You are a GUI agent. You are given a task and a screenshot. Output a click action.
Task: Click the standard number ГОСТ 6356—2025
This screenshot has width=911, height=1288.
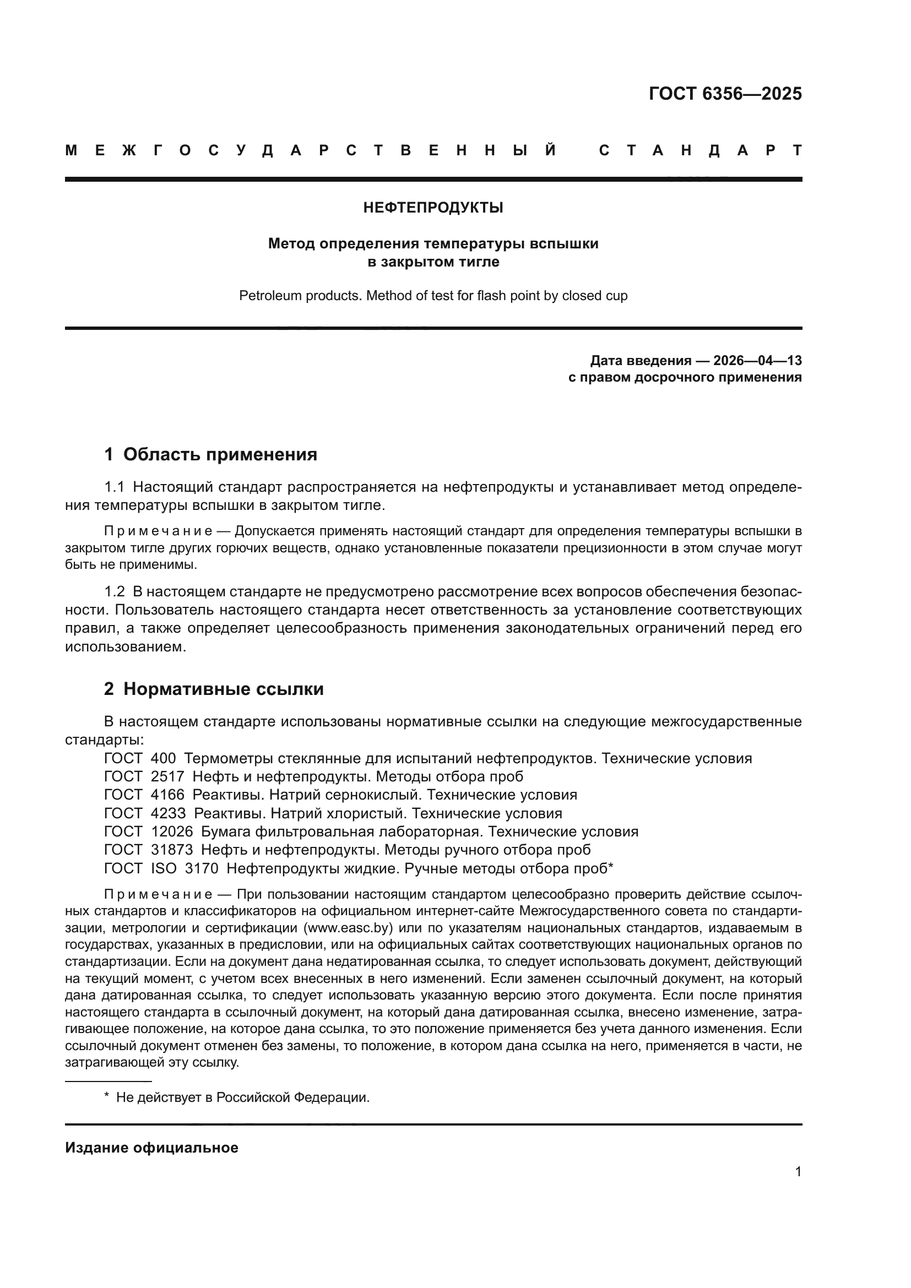coord(725,94)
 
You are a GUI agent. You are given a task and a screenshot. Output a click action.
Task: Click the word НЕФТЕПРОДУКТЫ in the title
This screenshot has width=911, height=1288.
coord(433,208)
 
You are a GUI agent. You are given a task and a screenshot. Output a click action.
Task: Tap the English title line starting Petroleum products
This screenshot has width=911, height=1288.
coord(433,296)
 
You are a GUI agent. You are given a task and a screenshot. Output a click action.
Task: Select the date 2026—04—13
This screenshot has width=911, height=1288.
coord(757,360)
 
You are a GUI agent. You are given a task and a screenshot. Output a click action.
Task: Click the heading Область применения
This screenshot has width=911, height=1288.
coord(220,454)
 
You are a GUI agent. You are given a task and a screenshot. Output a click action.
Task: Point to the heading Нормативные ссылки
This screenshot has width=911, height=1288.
coord(223,689)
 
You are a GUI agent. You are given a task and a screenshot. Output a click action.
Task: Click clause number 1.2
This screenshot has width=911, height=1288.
coord(115,592)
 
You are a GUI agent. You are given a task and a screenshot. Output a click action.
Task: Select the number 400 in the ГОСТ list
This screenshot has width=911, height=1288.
coord(163,758)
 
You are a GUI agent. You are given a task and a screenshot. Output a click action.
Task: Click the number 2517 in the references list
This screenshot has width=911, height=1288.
coord(167,777)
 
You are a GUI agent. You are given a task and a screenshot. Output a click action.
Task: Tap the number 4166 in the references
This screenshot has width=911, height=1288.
coord(167,795)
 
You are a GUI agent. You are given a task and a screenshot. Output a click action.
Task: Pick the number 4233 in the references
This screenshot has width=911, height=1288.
coord(168,813)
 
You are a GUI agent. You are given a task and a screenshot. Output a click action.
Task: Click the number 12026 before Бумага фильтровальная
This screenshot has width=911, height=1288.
coord(172,832)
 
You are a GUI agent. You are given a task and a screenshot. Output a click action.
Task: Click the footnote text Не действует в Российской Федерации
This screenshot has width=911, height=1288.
coord(242,1097)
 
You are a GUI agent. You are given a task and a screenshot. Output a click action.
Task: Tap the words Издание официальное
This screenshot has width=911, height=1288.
coord(151,1148)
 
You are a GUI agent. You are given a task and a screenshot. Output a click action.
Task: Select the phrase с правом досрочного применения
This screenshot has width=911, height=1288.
coord(685,378)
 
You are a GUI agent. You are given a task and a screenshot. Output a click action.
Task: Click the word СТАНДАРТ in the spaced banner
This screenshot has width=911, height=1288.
coord(700,150)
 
